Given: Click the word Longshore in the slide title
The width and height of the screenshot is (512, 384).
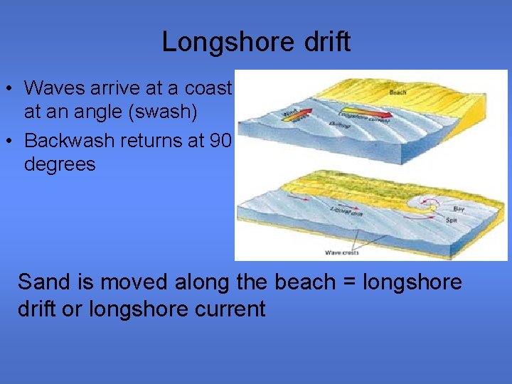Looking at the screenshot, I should point(215,42).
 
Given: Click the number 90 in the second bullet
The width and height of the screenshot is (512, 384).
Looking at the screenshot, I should point(219,140).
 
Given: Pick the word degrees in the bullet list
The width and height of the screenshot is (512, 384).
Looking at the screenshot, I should point(60,164).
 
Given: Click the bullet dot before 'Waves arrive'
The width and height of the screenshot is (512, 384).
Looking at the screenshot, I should point(9,90).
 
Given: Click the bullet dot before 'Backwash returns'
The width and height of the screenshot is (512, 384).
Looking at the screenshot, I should point(9,142).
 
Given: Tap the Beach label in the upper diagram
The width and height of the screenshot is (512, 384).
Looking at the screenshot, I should point(398,92).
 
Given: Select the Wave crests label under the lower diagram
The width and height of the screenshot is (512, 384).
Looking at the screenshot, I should point(341,252).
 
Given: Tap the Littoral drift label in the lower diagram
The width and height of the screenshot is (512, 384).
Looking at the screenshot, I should point(347,210).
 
